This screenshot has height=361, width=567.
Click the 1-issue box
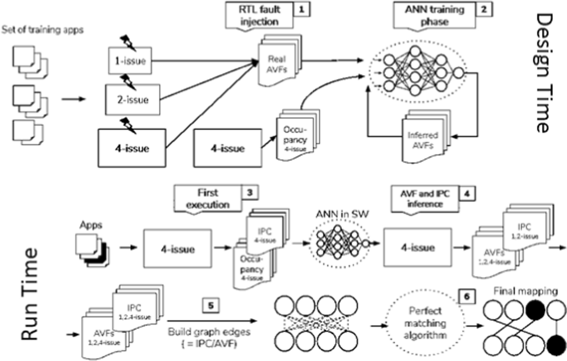click(x=130, y=61)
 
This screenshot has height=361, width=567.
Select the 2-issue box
click(x=132, y=100)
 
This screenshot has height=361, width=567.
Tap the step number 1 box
click(x=301, y=9)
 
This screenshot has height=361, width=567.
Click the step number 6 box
click(x=466, y=296)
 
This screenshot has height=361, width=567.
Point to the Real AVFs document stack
click(x=278, y=62)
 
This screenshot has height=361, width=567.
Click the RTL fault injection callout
click(x=259, y=16)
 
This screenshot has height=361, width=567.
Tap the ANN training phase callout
click(x=434, y=16)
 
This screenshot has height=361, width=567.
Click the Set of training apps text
click(x=42, y=30)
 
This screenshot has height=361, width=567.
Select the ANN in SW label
click(x=342, y=214)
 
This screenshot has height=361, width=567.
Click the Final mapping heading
click(x=525, y=291)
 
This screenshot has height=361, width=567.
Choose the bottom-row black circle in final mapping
click(x=556, y=345)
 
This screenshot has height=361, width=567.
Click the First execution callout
click(x=208, y=199)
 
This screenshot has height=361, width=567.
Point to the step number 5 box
click(x=211, y=305)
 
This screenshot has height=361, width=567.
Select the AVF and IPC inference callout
click(x=425, y=199)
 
